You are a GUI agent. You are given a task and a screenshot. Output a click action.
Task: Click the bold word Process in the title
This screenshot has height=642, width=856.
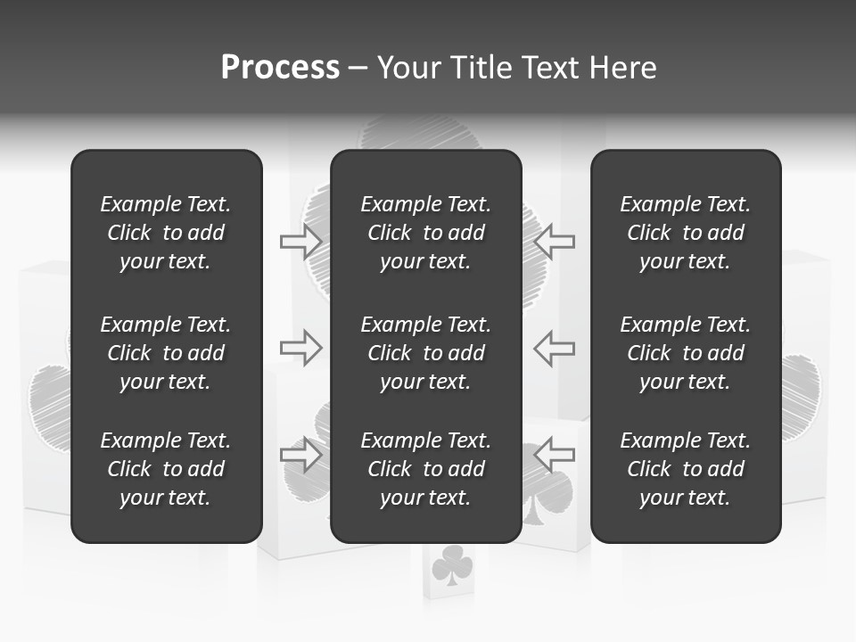280,68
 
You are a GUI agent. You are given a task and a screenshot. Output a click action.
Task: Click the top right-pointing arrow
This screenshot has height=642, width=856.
300,241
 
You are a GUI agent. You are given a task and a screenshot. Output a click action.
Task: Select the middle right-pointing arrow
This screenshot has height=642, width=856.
300,348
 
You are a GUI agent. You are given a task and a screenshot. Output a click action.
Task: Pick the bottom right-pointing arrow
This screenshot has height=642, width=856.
300,454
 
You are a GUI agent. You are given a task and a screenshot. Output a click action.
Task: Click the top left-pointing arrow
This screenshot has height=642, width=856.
555,241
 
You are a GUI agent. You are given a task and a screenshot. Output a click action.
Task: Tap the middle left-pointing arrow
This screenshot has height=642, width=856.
555,348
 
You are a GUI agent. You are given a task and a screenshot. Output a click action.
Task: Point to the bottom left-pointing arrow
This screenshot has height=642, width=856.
555,454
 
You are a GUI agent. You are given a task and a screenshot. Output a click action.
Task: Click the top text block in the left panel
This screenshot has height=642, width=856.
166,233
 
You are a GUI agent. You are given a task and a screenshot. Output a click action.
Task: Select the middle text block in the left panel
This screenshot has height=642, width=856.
166,353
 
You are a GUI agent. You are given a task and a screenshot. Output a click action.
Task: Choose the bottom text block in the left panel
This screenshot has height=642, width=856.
166,469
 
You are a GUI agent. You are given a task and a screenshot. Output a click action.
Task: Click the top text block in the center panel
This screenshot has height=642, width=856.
426,233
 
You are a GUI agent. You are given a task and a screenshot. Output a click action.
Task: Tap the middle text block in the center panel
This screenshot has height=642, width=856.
426,353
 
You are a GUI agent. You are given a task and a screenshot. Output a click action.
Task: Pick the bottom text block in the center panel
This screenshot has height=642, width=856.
426,469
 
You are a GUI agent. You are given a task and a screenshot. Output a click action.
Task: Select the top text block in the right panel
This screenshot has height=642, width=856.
686,233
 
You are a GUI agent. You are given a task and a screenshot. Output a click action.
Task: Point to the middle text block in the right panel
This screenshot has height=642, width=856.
686,353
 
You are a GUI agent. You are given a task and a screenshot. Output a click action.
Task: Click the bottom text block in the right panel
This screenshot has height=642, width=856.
686,469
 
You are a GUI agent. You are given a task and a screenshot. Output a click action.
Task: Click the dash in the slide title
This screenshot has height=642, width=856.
358,69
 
